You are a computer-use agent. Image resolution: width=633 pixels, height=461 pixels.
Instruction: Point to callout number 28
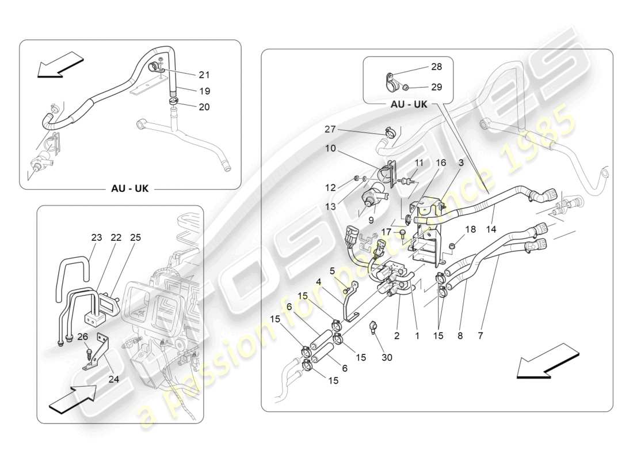tap(436, 67)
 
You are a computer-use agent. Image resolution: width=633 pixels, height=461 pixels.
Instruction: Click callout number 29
tap(436, 87)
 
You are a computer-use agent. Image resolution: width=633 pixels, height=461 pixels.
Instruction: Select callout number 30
tap(387, 357)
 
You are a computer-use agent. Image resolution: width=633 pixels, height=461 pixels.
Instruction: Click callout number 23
tap(96, 237)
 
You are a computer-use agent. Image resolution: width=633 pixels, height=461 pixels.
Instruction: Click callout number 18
tap(471, 229)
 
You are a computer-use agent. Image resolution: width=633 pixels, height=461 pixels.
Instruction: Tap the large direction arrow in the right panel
tap(544, 361)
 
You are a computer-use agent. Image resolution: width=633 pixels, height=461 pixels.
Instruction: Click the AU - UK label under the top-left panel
tap(129, 188)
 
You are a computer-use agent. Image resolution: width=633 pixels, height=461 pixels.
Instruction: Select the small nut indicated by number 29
tap(405, 88)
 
